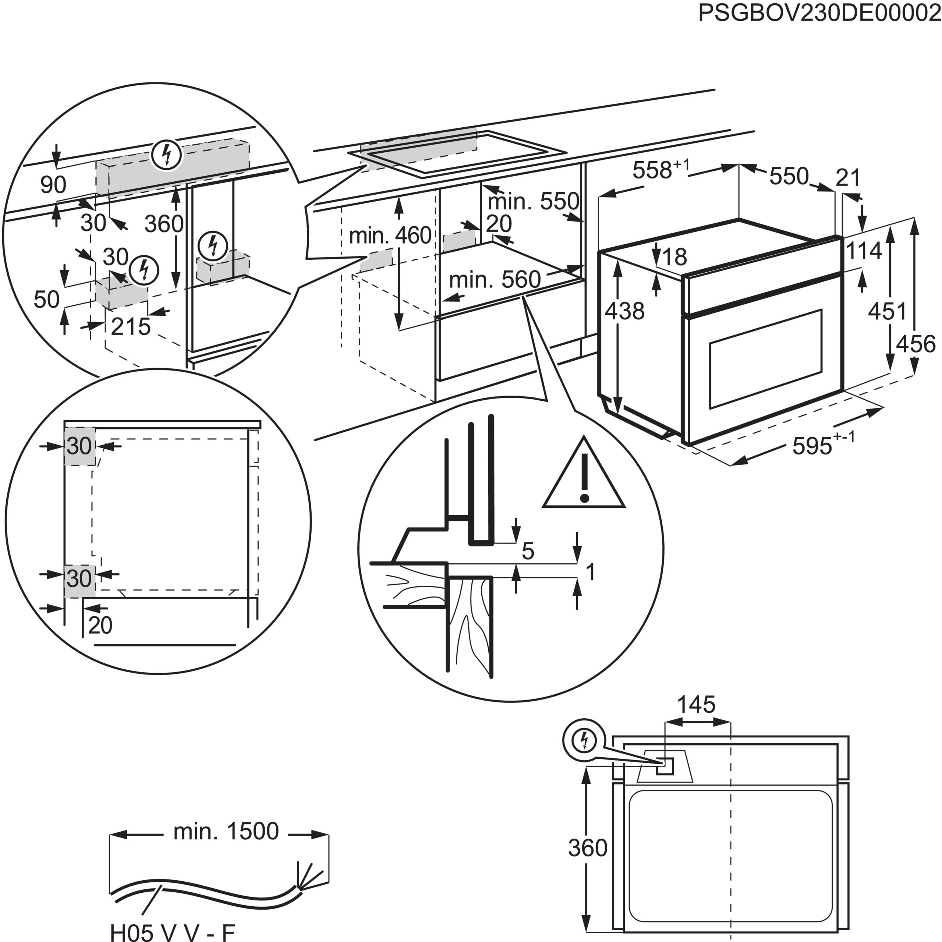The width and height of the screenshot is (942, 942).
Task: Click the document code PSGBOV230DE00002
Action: pos(819,13)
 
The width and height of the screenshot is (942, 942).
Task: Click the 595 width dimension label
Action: pos(811,446)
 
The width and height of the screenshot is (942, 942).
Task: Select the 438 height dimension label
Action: pos(624,311)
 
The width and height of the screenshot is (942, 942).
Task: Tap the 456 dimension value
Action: pos(916,344)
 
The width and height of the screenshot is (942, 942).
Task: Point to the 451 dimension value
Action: pos(887,311)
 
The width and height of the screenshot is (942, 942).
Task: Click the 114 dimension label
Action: pos(864,251)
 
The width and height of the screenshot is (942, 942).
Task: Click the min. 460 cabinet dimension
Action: pos(390,236)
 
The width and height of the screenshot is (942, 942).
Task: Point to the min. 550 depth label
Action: pos(533,201)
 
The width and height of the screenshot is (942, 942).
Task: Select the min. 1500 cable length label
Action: pos(226,831)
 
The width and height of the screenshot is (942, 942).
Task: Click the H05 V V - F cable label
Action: pos(173,932)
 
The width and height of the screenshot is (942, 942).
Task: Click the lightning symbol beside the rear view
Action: pos(583,741)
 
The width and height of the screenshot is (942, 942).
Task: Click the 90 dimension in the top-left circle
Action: pos(53,185)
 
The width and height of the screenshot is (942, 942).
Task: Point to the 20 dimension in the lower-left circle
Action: pos(100,626)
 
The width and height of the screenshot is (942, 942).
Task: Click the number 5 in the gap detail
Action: pos(528,551)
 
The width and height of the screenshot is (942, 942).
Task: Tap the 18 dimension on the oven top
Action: pos(675,257)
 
